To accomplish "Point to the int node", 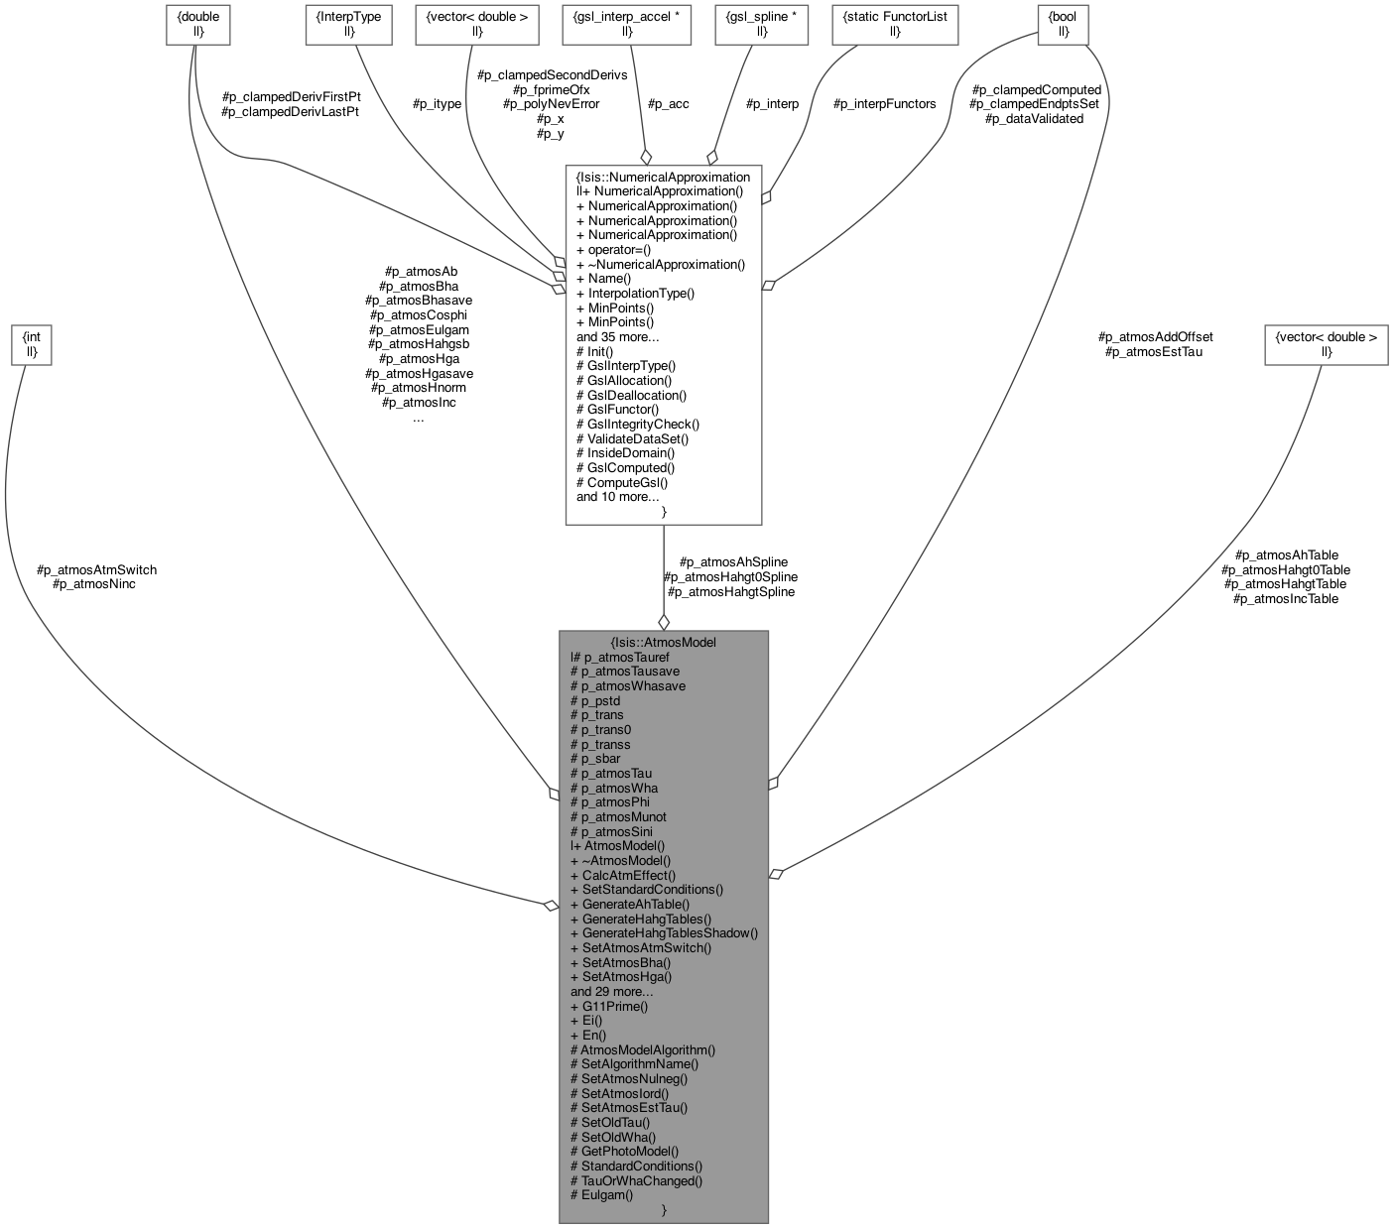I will pyautogui.click(x=32, y=345).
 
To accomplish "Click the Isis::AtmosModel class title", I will pyautogui.click(x=663, y=642).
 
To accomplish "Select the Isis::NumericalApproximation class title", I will pyautogui.click(x=663, y=176).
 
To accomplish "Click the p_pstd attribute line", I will pyautogui.click(x=595, y=700).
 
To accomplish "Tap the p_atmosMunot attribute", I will pyautogui.click(x=618, y=816).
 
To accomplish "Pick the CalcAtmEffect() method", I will pyautogui.click(x=623, y=875).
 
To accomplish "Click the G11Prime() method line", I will pyautogui.click(x=609, y=1006).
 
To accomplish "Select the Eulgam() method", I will pyautogui.click(x=601, y=1194).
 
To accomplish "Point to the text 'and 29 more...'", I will pyautogui.click(x=611, y=991).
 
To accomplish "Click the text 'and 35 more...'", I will pyautogui.click(x=617, y=336).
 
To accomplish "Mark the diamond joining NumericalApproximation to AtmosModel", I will pyautogui.click(x=663, y=621).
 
